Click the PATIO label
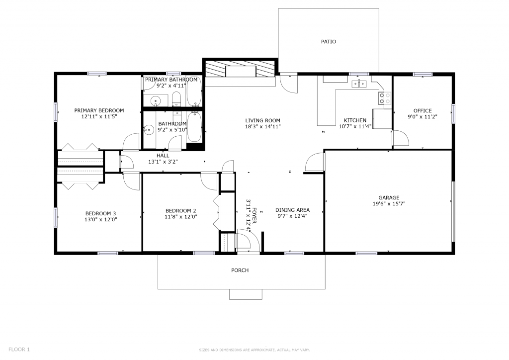(329, 42)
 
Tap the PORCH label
(240, 270)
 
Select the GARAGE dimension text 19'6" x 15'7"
(389, 204)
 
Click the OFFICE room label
(423, 111)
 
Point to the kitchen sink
(359, 84)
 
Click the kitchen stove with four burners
(385, 98)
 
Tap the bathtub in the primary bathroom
(194, 90)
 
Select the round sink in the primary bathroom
(156, 100)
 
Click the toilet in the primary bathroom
(176, 99)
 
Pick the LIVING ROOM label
(262, 120)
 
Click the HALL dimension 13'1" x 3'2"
(163, 162)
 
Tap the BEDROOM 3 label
(100, 213)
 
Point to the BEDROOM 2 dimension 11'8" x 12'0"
(181, 217)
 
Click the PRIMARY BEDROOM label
(99, 110)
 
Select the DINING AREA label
(292, 210)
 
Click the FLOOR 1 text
(19, 350)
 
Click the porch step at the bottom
(246, 294)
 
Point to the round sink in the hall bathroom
(149, 130)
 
